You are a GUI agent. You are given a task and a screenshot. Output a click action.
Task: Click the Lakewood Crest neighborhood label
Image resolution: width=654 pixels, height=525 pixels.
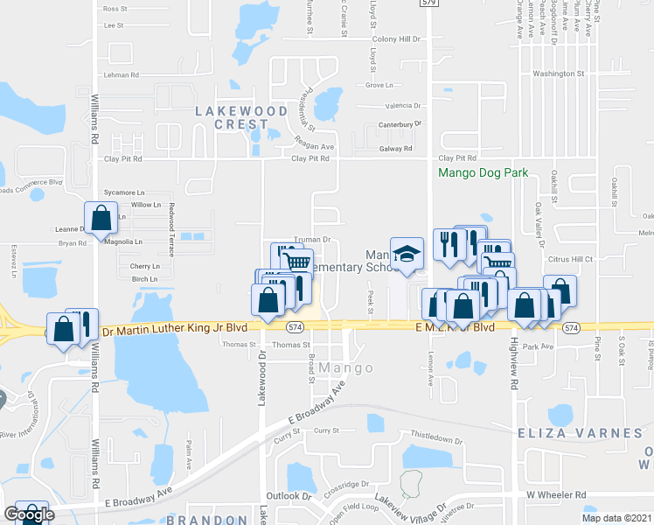point(240,118)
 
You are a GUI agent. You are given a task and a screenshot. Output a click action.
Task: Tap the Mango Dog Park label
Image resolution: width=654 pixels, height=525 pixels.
point(484,173)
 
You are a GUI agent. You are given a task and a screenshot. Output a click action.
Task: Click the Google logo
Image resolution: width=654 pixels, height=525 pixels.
point(29,514)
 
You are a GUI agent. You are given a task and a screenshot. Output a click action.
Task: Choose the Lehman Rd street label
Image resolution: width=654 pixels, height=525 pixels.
point(122,75)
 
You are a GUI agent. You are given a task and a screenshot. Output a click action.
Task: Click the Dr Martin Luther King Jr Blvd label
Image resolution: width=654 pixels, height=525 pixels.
point(175,327)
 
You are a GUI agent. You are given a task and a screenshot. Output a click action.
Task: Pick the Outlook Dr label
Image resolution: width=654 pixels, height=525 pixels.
point(289,496)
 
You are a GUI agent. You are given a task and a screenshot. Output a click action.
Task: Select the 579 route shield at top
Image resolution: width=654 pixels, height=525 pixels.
point(428,3)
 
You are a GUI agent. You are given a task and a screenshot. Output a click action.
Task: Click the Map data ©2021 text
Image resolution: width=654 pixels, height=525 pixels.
point(618,518)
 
